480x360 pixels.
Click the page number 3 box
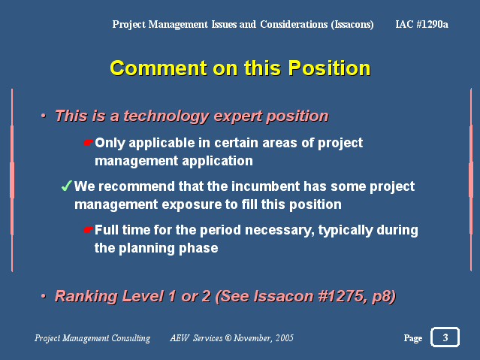(x=445, y=337)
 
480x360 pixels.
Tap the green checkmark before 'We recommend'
(x=67, y=186)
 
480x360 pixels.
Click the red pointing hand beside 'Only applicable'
(x=88, y=143)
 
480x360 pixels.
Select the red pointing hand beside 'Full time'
(x=88, y=230)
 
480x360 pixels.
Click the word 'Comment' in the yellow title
(x=158, y=68)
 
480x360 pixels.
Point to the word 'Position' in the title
(x=329, y=68)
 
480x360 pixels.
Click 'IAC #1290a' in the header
(x=422, y=24)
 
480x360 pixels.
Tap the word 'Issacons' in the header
(x=352, y=24)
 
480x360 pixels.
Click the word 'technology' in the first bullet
(x=166, y=116)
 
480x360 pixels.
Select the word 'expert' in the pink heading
(x=237, y=116)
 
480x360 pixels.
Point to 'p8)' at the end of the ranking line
(x=383, y=297)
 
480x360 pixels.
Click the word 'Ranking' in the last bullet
(x=86, y=297)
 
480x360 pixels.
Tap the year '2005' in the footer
(x=285, y=337)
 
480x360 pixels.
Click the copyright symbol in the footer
(x=228, y=337)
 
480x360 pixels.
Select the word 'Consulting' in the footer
(x=131, y=338)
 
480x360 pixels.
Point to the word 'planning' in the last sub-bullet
(x=146, y=248)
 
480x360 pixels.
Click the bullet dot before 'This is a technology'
(x=44, y=116)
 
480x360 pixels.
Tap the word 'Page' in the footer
(x=413, y=338)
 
